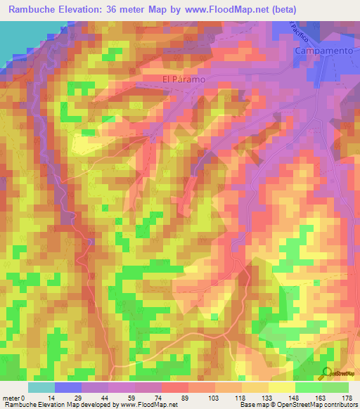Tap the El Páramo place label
coord(184,79)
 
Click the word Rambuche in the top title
coord(32,9)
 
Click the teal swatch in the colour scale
coord(41,388)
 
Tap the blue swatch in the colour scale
coord(68,388)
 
